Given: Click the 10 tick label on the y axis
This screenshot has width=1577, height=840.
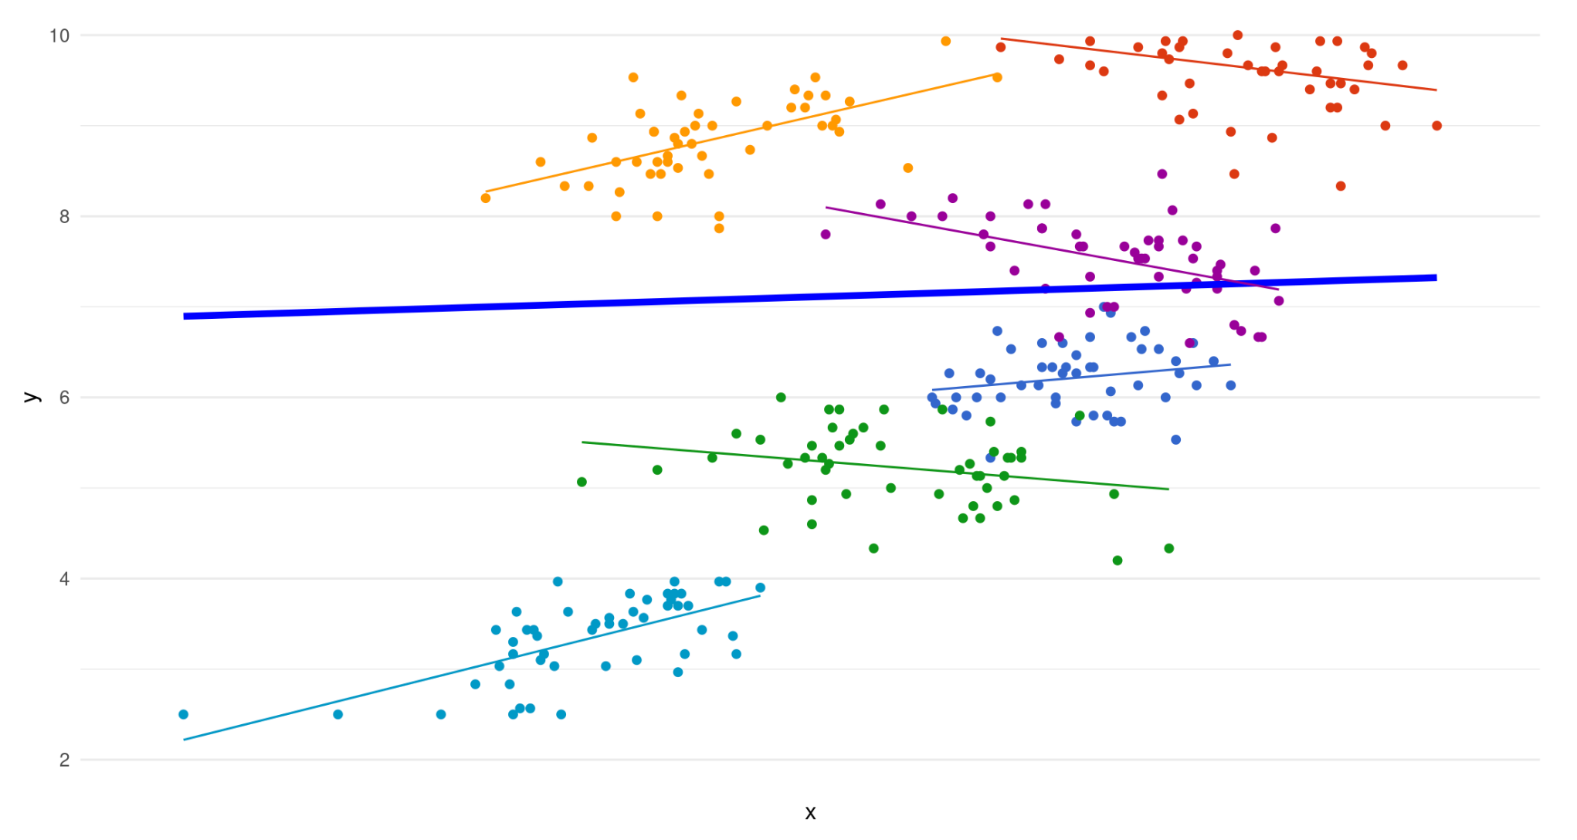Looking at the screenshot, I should click(59, 36).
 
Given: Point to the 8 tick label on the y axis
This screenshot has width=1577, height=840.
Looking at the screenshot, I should click(64, 217).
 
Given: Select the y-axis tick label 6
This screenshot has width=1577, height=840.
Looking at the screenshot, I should click(64, 398).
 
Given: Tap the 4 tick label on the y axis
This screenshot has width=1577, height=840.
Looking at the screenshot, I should click(64, 579).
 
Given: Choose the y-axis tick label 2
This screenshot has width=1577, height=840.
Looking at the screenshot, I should click(64, 760).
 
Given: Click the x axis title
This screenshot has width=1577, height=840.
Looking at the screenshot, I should click(810, 812).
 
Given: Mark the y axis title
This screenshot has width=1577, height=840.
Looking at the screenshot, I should click(31, 398).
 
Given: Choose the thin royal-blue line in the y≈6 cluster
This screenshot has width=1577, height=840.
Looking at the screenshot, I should click(1081, 378).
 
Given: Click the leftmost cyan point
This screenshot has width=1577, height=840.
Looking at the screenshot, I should click(183, 715).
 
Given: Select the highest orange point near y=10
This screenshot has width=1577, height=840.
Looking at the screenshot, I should click(946, 41).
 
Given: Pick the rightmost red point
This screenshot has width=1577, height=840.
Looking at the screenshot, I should click(1436, 126).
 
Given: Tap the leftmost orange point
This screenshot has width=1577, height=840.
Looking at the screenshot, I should click(486, 198).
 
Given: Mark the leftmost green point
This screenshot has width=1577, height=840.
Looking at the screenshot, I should click(582, 483).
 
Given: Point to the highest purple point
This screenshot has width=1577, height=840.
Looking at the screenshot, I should click(1162, 174).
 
